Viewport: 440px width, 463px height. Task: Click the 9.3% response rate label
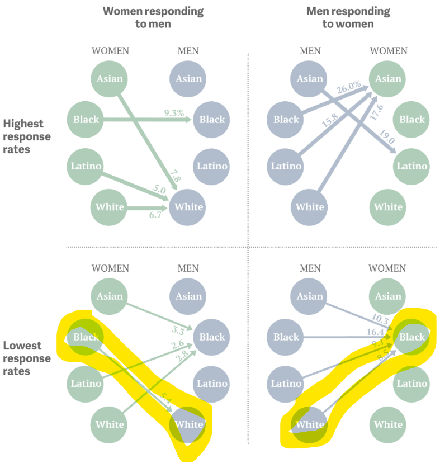click(174, 113)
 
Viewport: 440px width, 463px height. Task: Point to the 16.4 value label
click(376, 332)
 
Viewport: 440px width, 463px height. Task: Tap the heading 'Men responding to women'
click(348, 17)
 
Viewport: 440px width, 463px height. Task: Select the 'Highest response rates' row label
click(27, 136)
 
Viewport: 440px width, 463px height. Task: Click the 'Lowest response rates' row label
click(27, 358)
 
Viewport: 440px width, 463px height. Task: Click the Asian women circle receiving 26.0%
click(388, 79)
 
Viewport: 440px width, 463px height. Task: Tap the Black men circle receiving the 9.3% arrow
click(212, 120)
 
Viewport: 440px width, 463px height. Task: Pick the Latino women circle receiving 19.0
click(411, 166)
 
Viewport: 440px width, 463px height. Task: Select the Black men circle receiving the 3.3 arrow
click(212, 337)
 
